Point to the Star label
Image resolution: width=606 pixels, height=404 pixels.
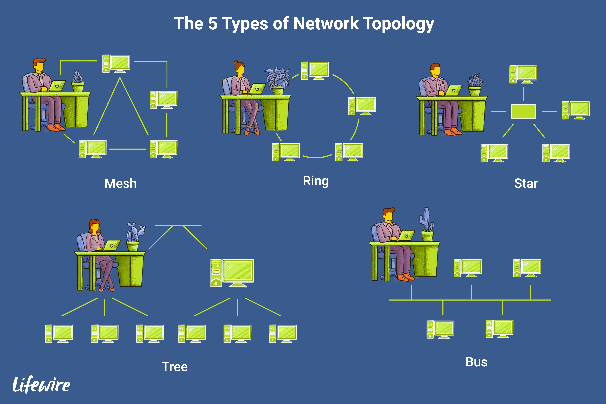526,183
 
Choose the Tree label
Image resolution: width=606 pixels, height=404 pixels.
175,367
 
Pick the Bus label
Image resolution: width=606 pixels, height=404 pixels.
476,362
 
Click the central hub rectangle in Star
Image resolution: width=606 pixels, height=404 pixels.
523,112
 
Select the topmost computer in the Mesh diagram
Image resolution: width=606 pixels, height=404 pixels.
116,63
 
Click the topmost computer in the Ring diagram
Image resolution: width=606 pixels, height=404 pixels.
315,70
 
